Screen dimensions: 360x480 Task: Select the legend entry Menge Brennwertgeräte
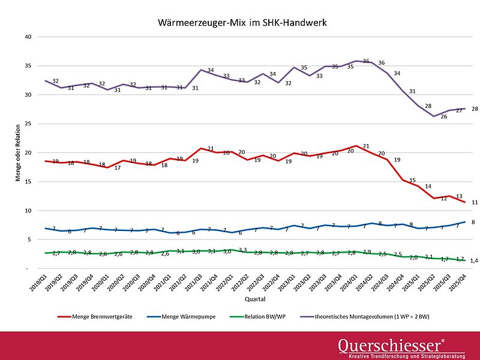(x=99, y=315)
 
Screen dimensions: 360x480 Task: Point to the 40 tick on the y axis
(x=27, y=37)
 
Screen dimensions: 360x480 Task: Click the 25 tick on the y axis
(x=27, y=124)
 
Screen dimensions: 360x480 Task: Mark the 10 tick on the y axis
(x=27, y=211)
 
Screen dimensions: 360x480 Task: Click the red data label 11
(x=474, y=203)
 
